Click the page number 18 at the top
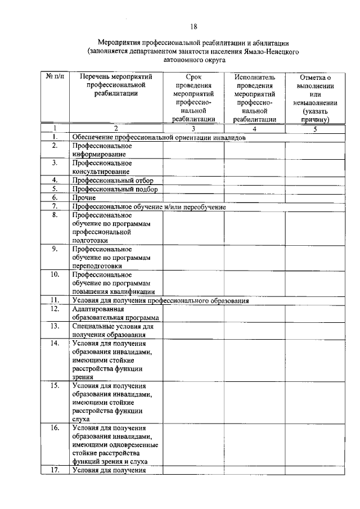(193, 26)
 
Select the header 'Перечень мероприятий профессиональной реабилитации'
(116, 85)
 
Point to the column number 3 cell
(193, 129)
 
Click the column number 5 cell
(315, 129)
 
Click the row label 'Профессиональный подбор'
(114, 189)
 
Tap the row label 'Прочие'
(84, 198)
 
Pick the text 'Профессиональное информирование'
(102, 150)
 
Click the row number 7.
(55, 206)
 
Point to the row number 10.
(55, 275)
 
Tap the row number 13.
(55, 326)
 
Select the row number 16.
(55, 428)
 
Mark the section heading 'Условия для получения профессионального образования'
(160, 300)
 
